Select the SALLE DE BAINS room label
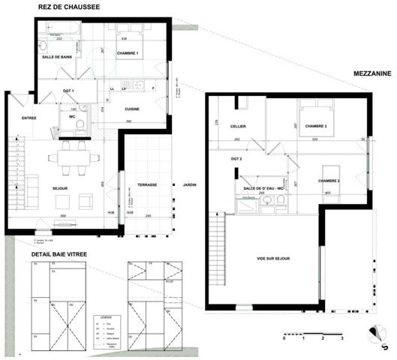(56, 55)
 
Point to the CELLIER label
(239, 127)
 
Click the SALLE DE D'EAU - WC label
(260, 187)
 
